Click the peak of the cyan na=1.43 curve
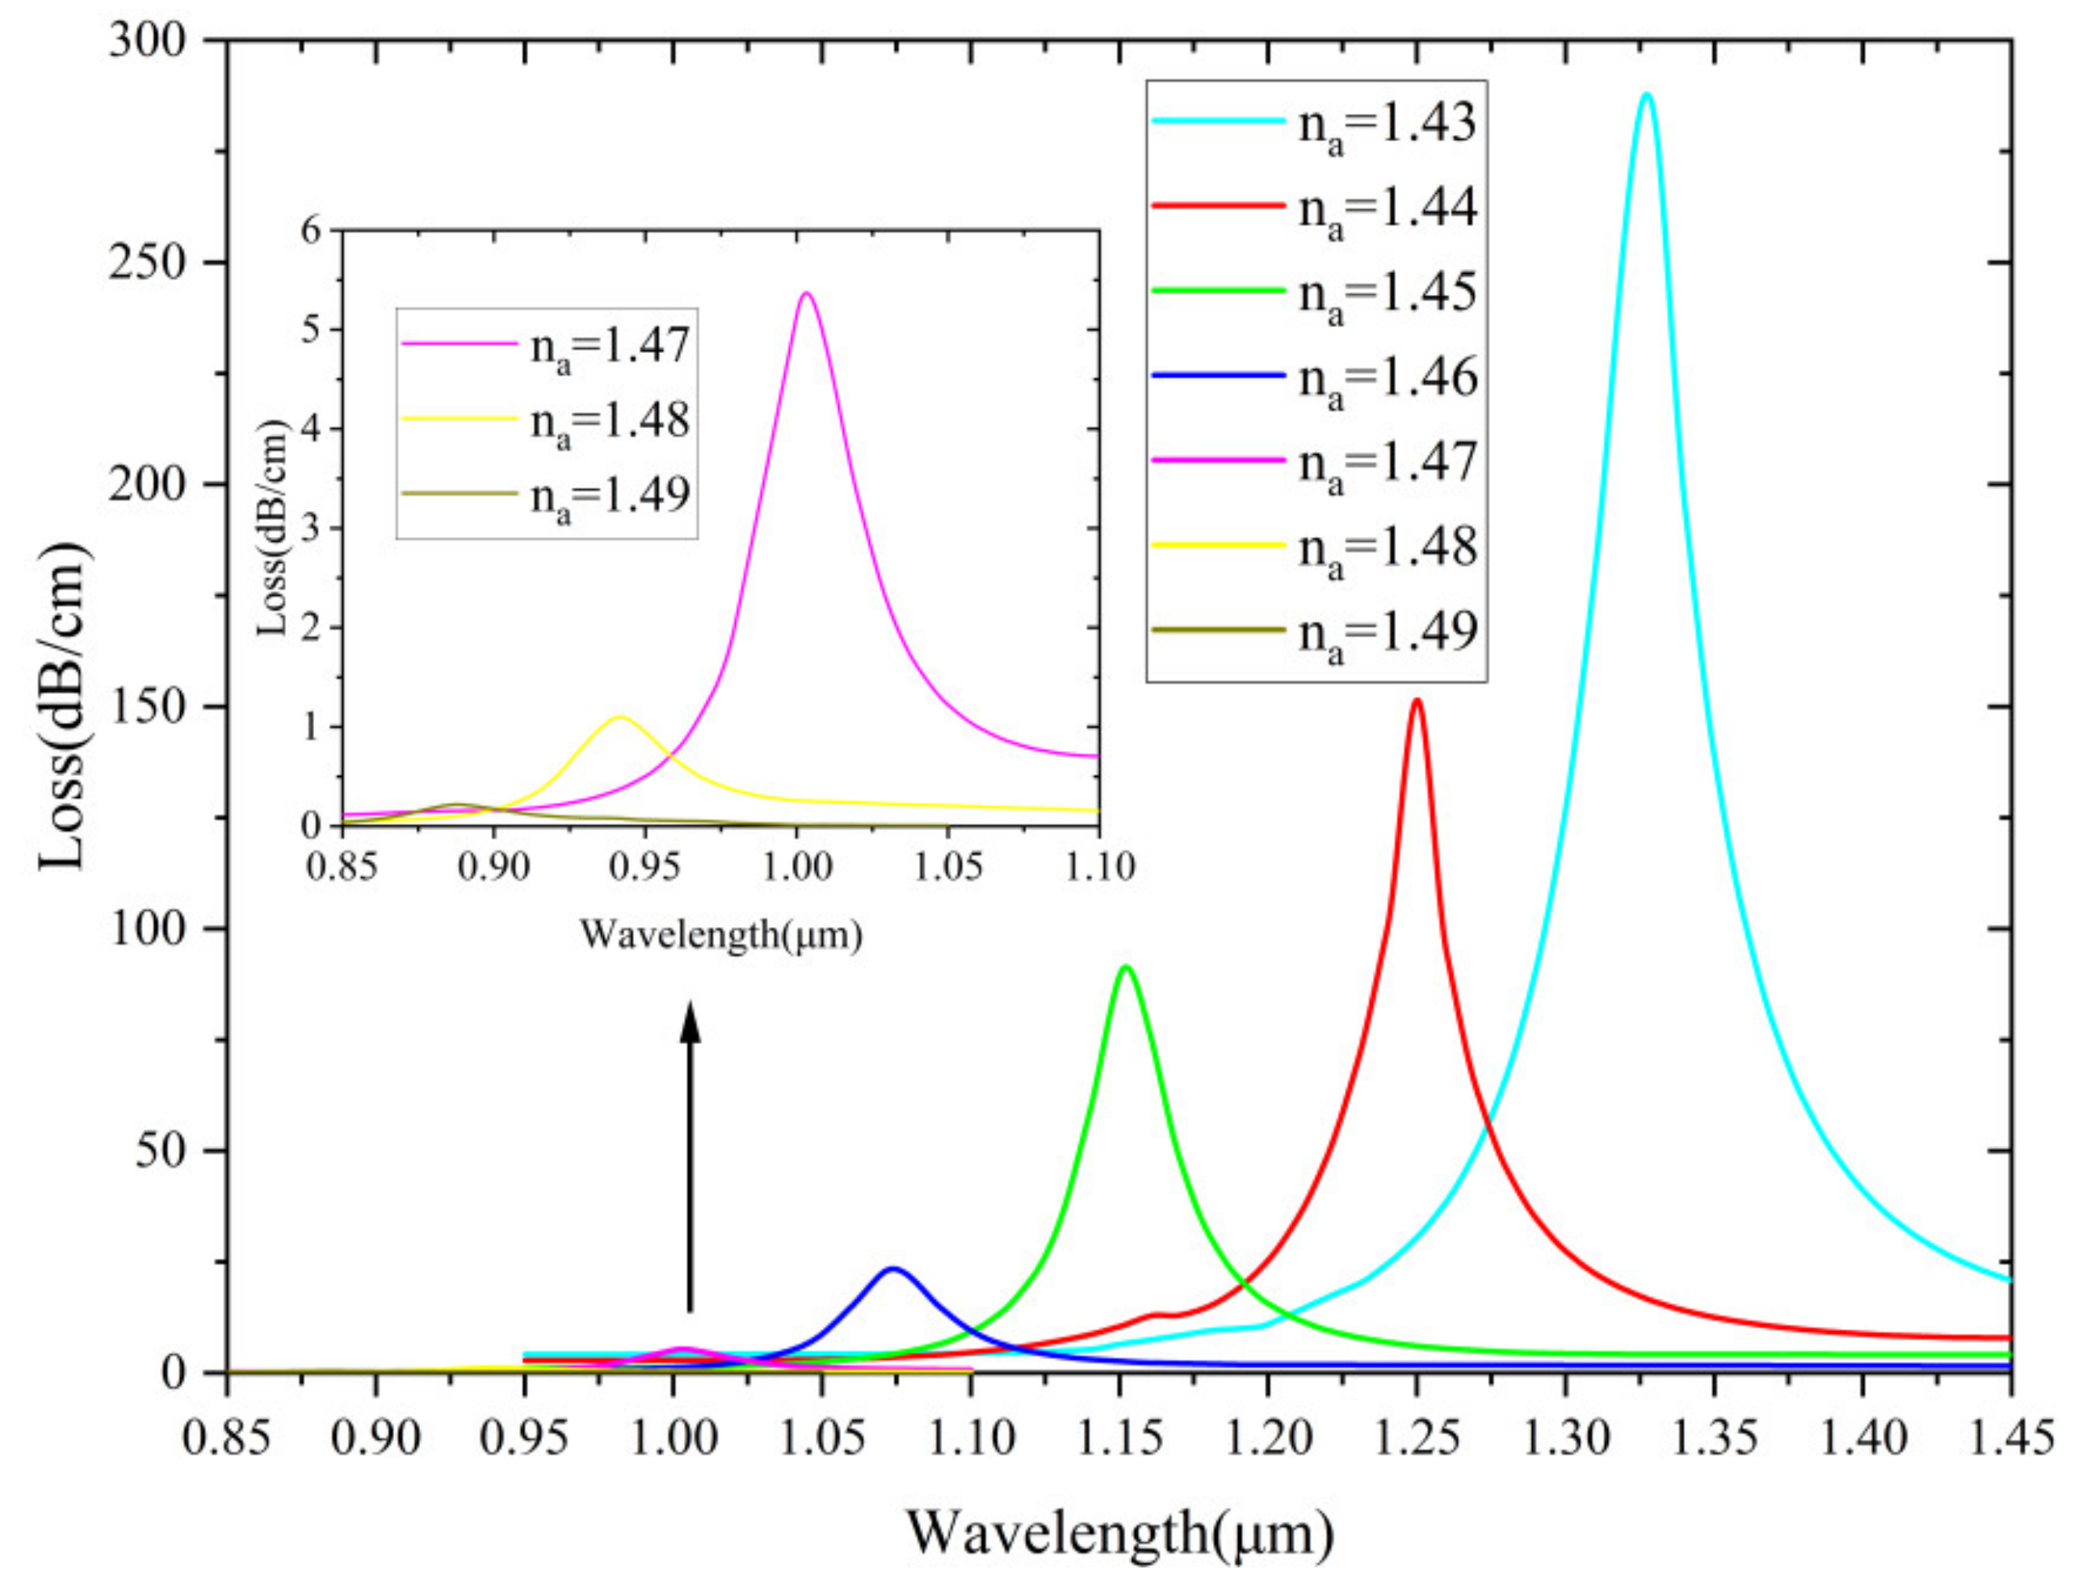[x=1647, y=94]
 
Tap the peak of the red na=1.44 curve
[x=1417, y=700]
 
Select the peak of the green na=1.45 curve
[x=1125, y=967]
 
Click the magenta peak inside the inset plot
[x=806, y=294]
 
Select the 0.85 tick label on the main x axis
[x=226, y=1439]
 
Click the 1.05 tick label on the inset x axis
[x=947, y=866]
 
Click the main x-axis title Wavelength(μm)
[x=1120, y=1534]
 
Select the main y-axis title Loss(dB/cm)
[x=66, y=705]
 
